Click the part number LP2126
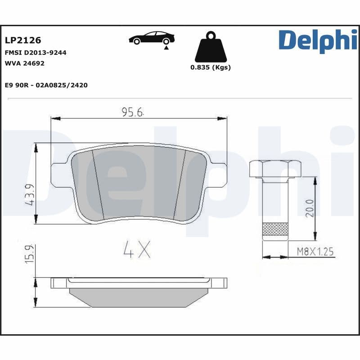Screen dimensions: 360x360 tap(22, 41)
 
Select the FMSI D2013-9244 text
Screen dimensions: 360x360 tap(36, 53)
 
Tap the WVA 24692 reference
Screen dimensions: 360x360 tap(24, 63)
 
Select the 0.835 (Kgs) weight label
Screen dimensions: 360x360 tap(211, 67)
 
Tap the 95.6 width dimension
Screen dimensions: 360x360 tap(132, 112)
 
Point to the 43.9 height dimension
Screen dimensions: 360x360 tap(30, 195)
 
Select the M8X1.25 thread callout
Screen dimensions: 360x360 tap(315, 252)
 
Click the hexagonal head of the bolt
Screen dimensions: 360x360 tap(275, 169)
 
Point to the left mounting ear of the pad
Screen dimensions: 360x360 tap(58, 175)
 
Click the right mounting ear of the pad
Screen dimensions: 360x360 tap(218, 175)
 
